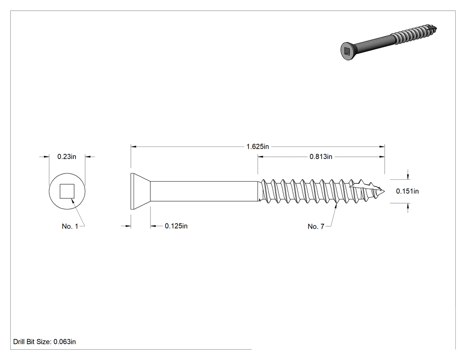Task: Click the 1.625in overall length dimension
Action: [x=257, y=146]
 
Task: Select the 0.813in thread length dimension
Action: [x=321, y=157]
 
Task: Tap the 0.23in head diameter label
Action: [x=67, y=157]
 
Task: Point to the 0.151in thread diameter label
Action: [x=407, y=191]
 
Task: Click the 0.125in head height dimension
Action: [x=176, y=226]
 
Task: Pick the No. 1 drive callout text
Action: [x=70, y=226]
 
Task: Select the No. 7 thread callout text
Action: [x=316, y=226]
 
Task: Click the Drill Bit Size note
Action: [x=44, y=342]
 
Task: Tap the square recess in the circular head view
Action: [x=67, y=191]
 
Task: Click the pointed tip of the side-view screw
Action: [x=385, y=191]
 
